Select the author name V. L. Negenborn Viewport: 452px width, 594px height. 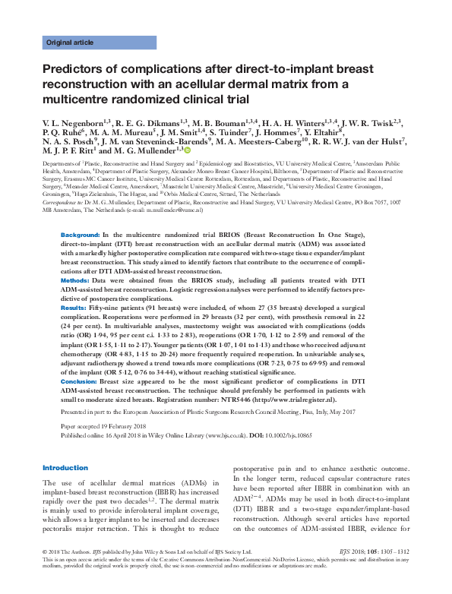click(77, 122)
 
